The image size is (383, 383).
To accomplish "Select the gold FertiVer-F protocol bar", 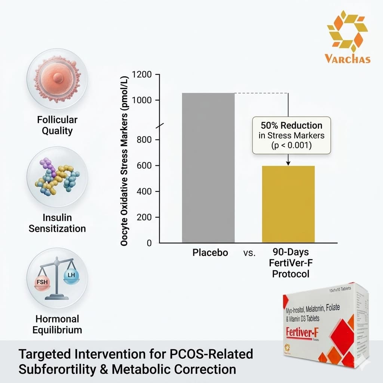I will click(x=288, y=204).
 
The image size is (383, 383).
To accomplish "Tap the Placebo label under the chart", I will click(x=210, y=252).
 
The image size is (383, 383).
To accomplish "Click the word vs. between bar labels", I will click(x=249, y=253).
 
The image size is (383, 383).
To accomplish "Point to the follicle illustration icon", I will click(x=57, y=79).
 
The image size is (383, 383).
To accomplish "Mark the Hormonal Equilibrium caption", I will click(x=57, y=324).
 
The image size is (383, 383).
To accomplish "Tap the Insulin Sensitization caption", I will click(x=57, y=223).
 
